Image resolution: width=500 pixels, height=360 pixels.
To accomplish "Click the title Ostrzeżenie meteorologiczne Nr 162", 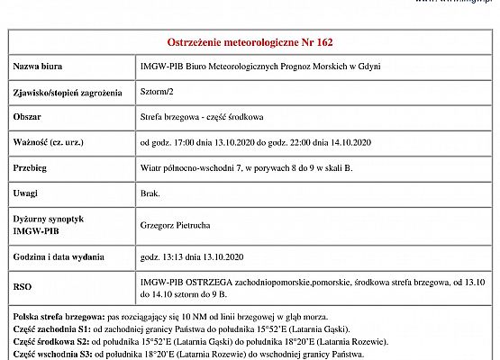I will click(x=250, y=41).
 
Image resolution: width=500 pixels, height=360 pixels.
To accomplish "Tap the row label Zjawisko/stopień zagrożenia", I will click(x=66, y=92).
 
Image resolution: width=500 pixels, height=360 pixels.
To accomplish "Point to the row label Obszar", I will click(x=28, y=117).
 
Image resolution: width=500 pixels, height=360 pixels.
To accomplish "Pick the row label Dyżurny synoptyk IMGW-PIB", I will click(x=49, y=224).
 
